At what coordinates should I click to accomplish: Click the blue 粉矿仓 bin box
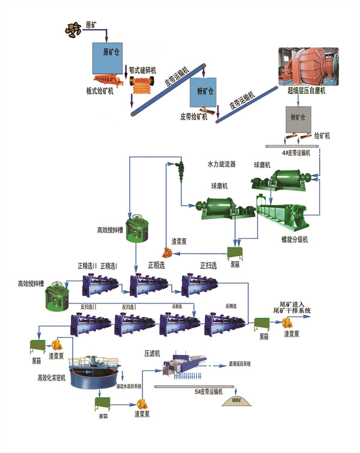[206, 91]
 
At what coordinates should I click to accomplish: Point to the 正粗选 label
[158, 265]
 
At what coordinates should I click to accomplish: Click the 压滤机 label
[152, 353]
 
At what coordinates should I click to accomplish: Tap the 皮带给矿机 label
[194, 116]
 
